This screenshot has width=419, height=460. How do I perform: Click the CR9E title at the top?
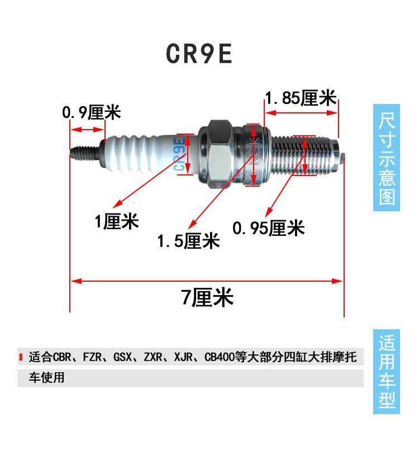(x=199, y=53)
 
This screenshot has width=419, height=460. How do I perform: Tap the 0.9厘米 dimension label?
(x=91, y=112)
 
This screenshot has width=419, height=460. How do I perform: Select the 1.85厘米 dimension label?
(x=301, y=99)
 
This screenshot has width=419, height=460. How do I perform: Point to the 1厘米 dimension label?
(x=116, y=222)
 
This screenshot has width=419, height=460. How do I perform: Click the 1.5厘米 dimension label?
(x=188, y=241)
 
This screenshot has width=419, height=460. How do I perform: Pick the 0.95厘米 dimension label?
(x=268, y=228)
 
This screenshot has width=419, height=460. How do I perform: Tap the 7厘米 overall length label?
(x=207, y=297)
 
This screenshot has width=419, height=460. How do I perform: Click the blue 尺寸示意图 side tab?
(x=387, y=159)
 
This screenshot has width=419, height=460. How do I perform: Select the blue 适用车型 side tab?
(x=387, y=371)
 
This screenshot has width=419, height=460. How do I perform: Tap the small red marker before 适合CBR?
(x=21, y=357)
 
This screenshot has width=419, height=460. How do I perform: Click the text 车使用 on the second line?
(x=47, y=377)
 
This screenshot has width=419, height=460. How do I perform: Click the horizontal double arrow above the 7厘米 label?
(x=206, y=281)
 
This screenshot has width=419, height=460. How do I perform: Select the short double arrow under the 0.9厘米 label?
(x=88, y=130)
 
